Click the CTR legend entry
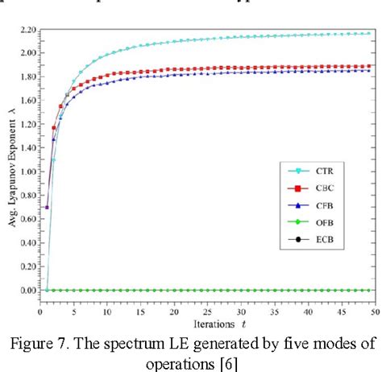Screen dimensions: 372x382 pos(330,171)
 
